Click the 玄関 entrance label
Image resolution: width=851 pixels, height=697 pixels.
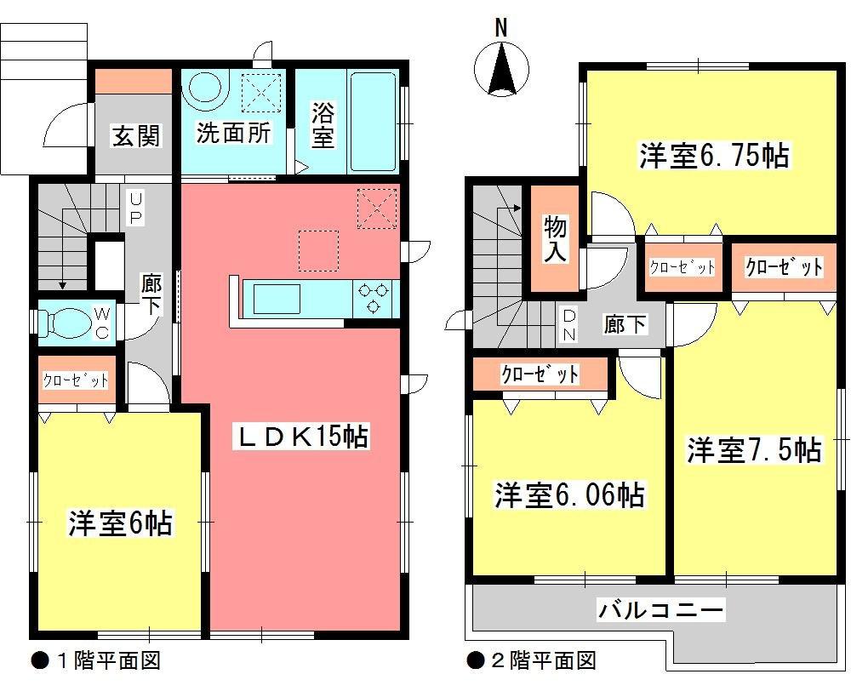(136, 134)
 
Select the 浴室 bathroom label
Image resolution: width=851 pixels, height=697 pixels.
(322, 124)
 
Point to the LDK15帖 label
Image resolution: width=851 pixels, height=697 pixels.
(301, 437)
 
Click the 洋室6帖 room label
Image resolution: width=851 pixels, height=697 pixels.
(120, 523)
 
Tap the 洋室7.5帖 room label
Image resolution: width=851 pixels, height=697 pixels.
(754, 449)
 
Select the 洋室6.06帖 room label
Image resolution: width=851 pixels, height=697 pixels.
(568, 494)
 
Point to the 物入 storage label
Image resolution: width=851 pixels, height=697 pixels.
(555, 239)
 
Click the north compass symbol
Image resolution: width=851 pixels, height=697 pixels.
(501, 69)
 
